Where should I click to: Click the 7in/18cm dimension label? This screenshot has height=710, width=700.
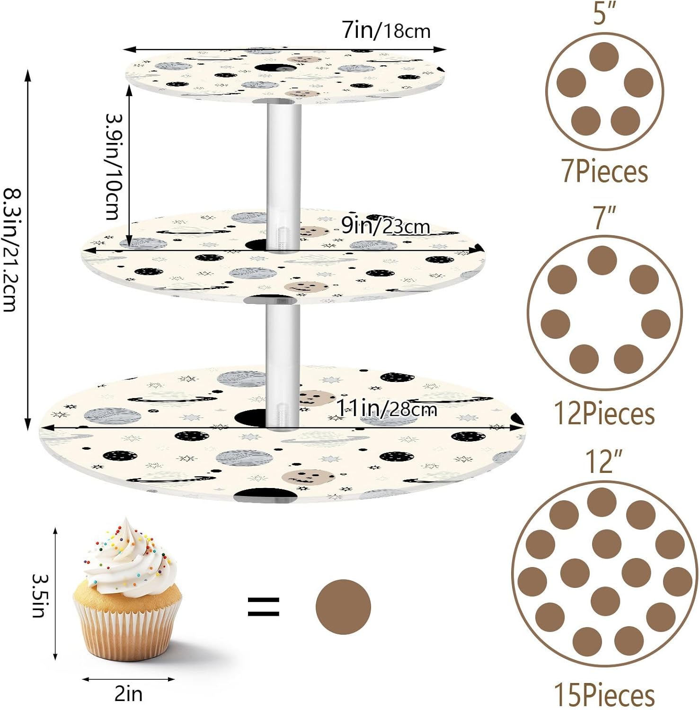[386, 31]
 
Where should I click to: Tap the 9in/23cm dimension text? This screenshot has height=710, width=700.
[385, 227]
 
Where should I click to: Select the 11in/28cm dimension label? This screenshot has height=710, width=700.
[386, 408]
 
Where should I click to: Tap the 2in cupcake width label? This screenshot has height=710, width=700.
[128, 694]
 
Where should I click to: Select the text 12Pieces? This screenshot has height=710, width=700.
[604, 413]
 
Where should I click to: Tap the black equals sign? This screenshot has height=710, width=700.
[264, 606]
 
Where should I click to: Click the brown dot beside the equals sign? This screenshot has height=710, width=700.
[343, 607]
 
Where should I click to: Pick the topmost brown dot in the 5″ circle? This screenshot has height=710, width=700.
[604, 57]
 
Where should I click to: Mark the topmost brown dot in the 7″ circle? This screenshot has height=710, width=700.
[602, 260]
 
